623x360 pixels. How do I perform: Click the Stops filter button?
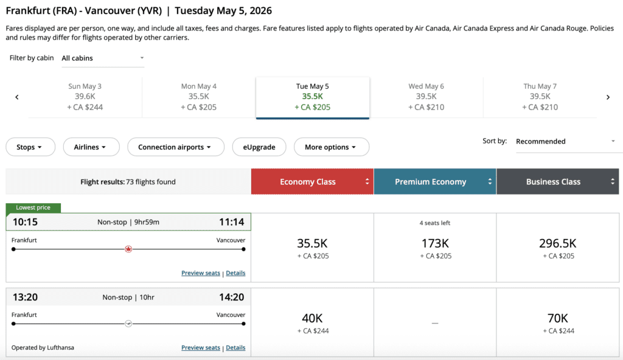30,147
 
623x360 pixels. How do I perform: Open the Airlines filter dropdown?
89,147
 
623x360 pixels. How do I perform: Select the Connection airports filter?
175,147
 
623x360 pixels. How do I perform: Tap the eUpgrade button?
259,147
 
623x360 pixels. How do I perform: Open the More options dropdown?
331,147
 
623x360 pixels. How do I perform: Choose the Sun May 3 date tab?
85,97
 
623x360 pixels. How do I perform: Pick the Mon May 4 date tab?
199,97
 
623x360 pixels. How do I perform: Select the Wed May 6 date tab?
426,97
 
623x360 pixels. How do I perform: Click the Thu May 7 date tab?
540,97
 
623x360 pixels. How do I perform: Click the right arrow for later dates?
608,97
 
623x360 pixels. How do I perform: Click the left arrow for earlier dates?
17,97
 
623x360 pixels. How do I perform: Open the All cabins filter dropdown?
103,58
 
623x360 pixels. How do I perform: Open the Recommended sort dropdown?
565,142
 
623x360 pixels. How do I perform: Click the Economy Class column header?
312,182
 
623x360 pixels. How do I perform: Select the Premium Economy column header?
435,182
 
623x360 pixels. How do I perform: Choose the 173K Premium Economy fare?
436,247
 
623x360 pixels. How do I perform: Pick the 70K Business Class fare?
558,322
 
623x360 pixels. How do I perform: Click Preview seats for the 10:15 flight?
201,274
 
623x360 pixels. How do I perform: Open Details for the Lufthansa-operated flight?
235,348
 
